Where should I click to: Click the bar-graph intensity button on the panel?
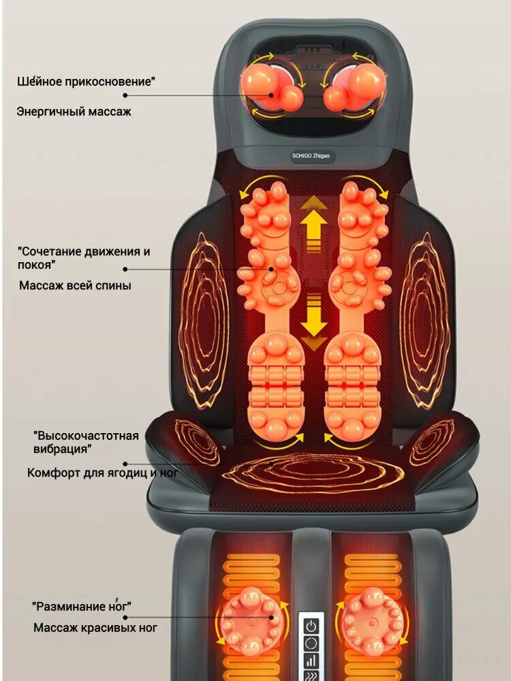point(312,660)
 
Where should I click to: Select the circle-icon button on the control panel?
point(312,643)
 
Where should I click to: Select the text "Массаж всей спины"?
point(75,285)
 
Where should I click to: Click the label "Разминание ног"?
point(81,605)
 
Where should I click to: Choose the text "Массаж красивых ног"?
point(95,627)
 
